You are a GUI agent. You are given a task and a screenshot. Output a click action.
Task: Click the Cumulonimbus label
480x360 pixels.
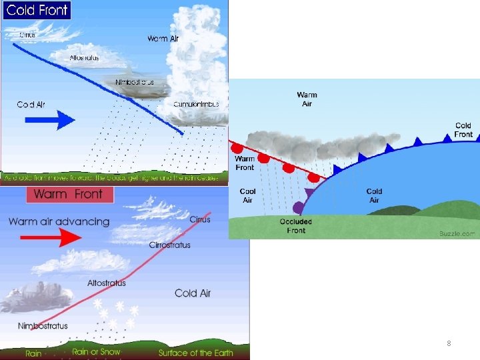pyautogui.click(x=196, y=104)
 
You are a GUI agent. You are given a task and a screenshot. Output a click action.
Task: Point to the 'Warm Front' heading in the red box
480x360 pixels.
pyautogui.click(x=68, y=195)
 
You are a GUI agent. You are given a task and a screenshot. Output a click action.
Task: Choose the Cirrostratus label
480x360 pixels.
pyautogui.click(x=169, y=245)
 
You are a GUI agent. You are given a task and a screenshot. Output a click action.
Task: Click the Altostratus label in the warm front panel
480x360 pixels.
pyautogui.click(x=106, y=283)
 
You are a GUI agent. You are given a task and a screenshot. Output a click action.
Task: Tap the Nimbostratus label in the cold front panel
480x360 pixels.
pyautogui.click(x=134, y=82)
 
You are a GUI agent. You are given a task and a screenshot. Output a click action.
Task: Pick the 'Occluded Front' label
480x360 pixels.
pyautogui.click(x=296, y=226)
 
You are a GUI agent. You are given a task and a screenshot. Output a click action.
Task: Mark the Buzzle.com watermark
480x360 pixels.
pyautogui.click(x=457, y=233)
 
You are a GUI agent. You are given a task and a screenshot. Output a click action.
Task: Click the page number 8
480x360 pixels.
pyautogui.click(x=449, y=343)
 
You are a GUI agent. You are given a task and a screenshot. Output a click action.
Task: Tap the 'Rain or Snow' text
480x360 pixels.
pyautogui.click(x=96, y=352)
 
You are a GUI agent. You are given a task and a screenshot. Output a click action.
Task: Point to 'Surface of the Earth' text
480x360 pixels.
pyautogui.click(x=195, y=352)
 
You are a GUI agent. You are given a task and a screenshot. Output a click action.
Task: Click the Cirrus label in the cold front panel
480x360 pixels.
pyautogui.click(x=28, y=34)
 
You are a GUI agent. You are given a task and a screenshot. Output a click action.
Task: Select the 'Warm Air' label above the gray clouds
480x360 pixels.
pyautogui.click(x=307, y=99)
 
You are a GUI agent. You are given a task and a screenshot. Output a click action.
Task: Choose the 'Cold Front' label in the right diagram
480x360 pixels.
pyautogui.click(x=463, y=130)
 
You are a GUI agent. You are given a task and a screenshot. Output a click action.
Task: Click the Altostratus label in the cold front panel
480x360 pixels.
pyautogui.click(x=84, y=57)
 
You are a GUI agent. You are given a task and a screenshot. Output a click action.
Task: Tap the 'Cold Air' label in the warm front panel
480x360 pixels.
pyautogui.click(x=193, y=293)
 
